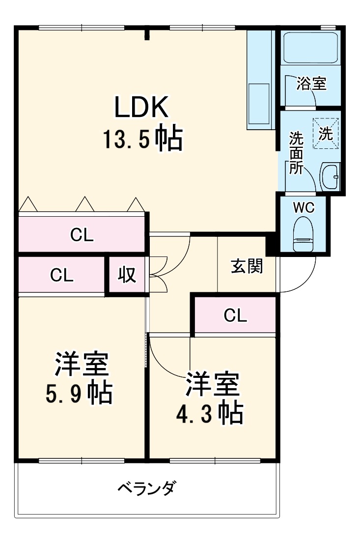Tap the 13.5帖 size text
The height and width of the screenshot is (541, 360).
142,139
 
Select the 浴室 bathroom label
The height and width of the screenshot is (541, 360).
311,84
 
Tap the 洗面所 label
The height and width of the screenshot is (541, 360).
296,152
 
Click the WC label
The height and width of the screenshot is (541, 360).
304,207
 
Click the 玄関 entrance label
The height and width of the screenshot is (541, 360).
247,267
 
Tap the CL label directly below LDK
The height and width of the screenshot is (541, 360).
82,235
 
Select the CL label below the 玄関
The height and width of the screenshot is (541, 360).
235,316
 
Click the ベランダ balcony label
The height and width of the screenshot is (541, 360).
147,488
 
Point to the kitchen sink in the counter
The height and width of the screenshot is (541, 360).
259,104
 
